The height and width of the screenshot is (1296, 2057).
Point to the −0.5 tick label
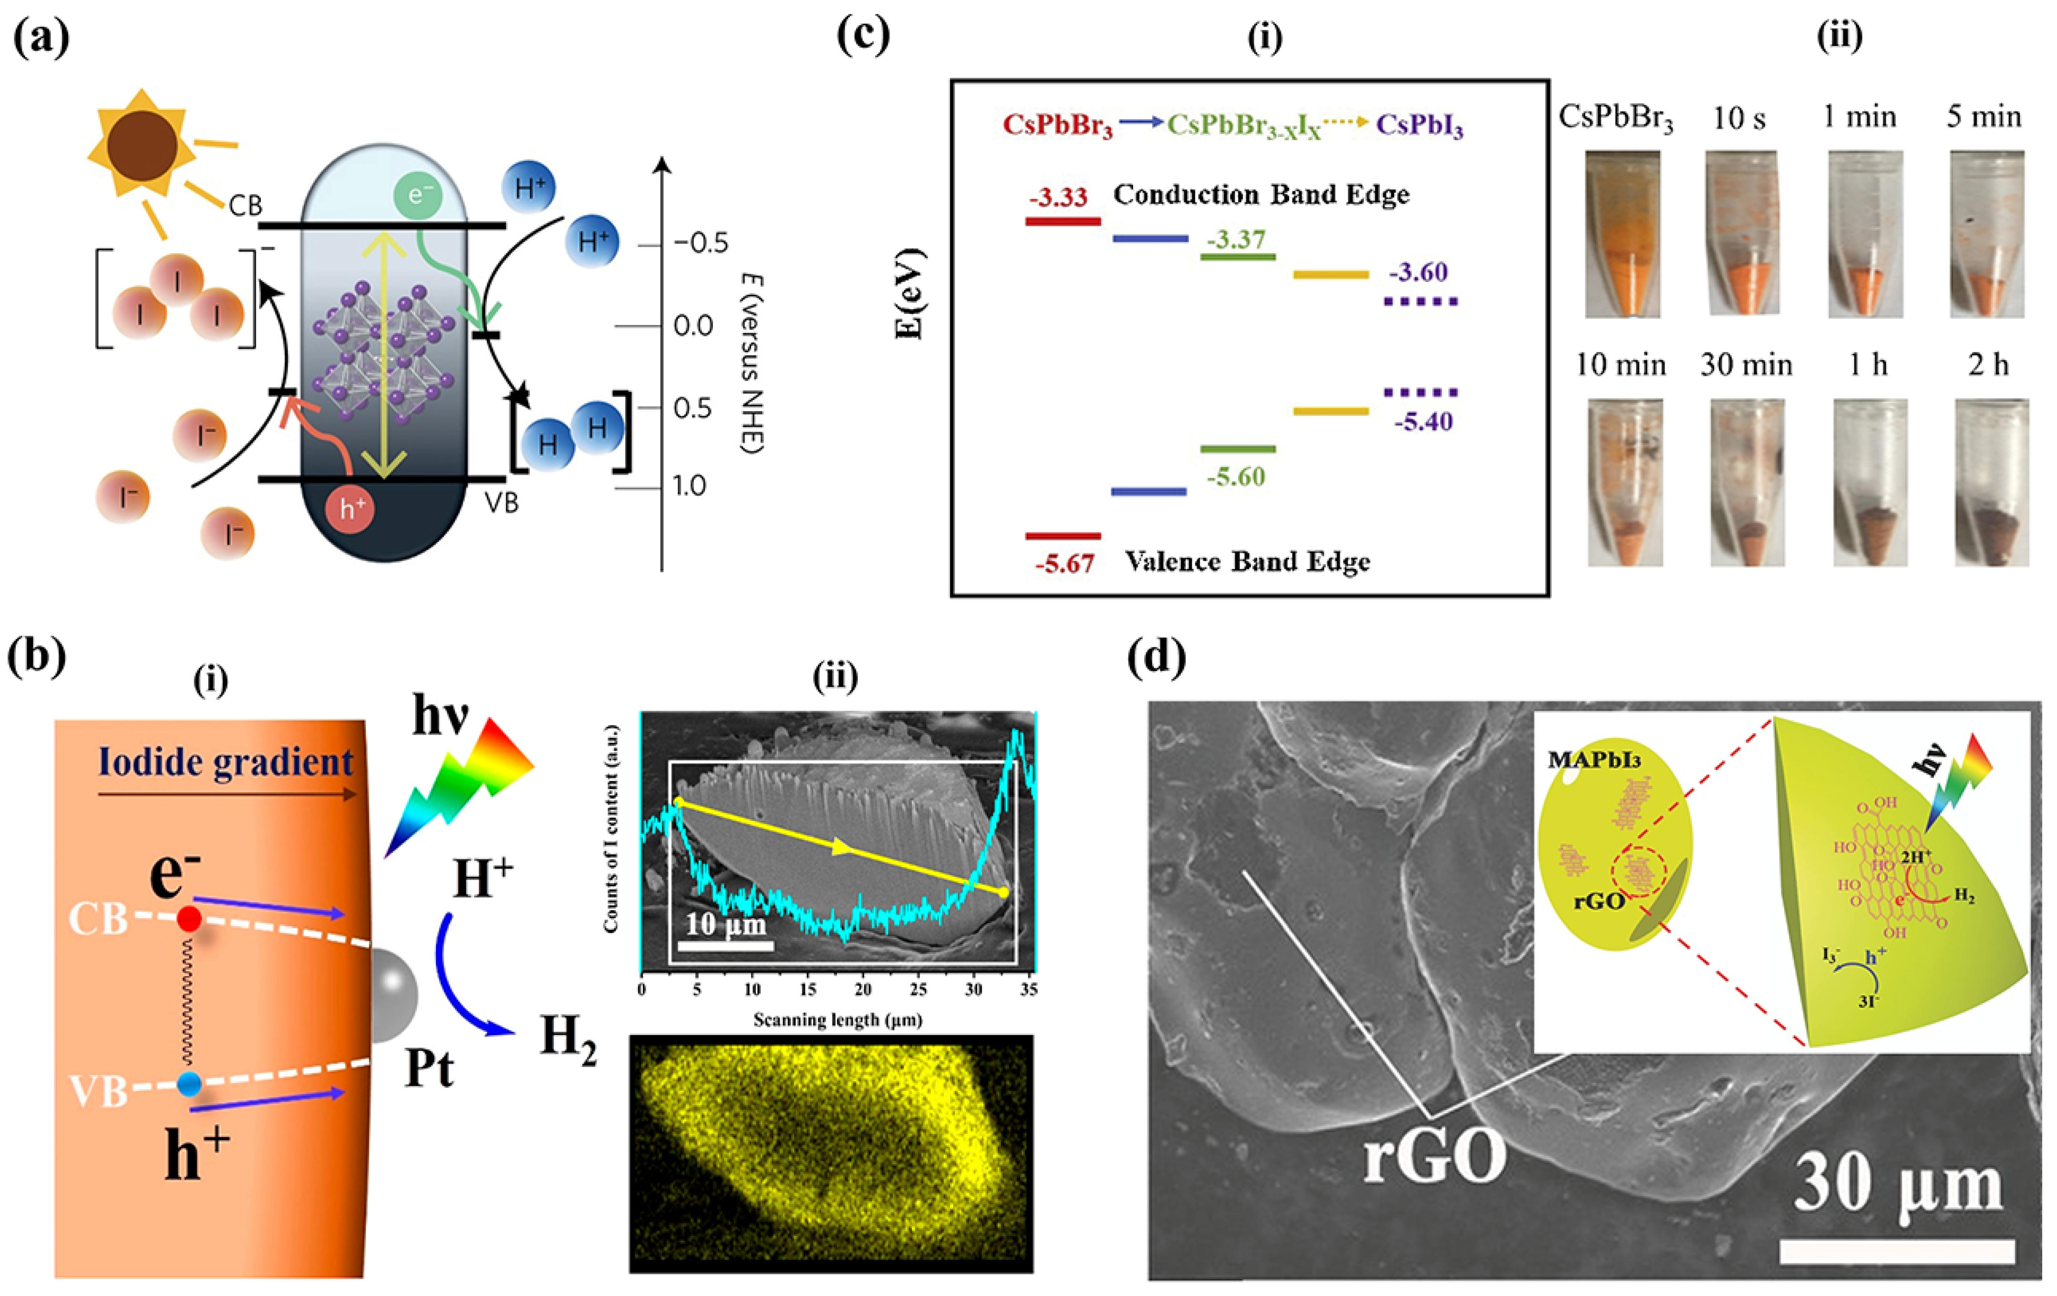(x=701, y=243)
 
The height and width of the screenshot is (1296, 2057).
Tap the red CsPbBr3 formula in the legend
(x=1057, y=125)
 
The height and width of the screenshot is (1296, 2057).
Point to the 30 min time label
(x=1746, y=366)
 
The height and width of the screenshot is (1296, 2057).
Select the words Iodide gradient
(x=226, y=761)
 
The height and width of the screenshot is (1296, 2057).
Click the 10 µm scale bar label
(x=725, y=924)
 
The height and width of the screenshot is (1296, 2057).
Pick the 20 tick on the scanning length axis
(x=863, y=990)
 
